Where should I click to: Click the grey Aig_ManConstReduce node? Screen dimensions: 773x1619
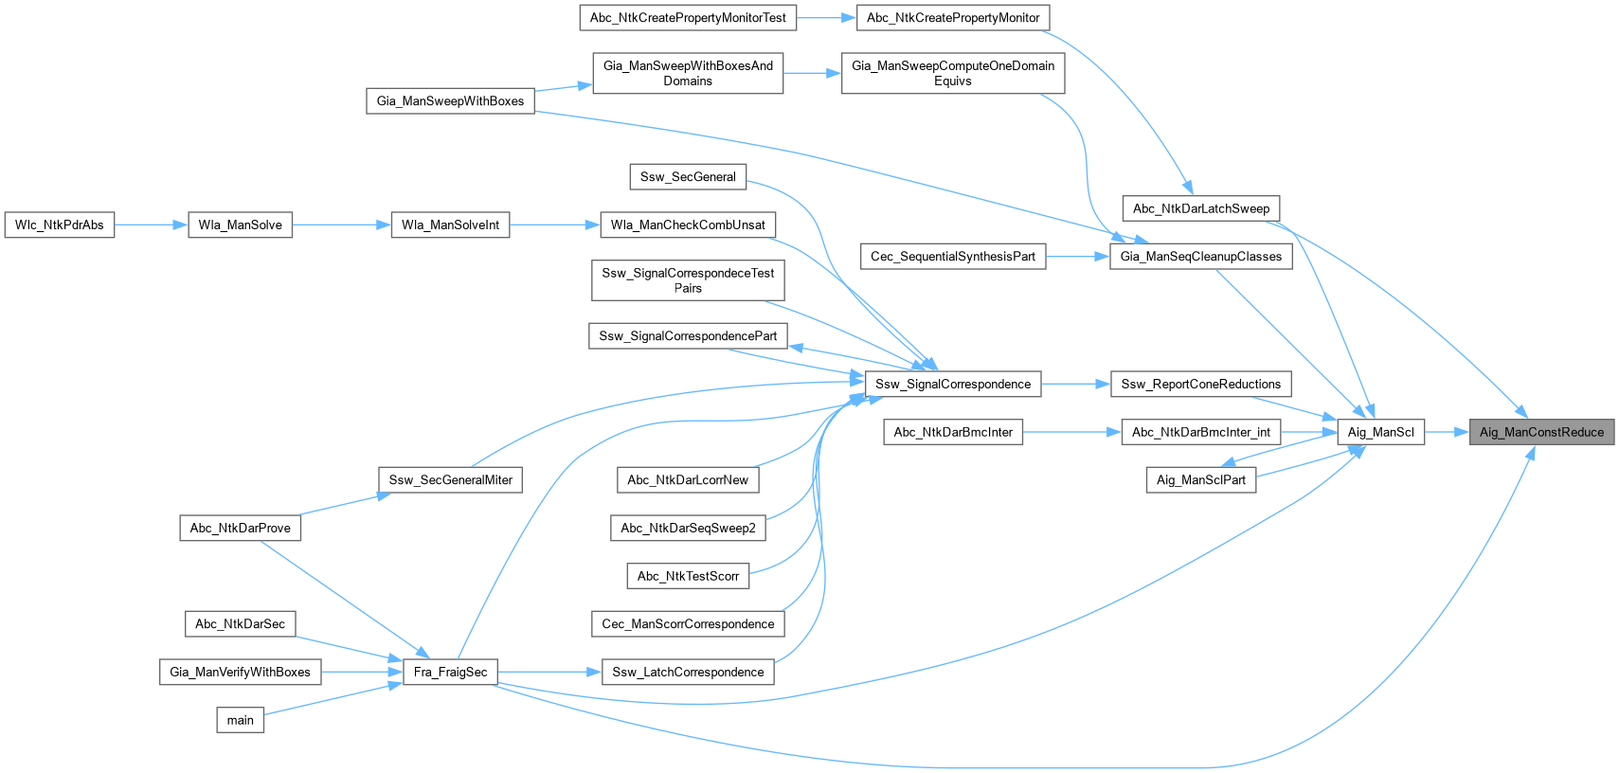(1541, 432)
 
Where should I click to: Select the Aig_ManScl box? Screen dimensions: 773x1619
(1380, 432)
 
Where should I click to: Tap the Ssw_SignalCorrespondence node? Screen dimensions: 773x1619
(953, 384)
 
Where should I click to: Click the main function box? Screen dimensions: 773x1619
(240, 720)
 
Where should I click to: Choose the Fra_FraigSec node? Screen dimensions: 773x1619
(450, 672)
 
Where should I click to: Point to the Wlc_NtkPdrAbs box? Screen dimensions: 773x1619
(60, 225)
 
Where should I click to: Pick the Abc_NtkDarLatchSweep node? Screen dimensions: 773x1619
(1200, 208)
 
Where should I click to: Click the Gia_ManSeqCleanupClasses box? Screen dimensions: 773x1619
(1200, 256)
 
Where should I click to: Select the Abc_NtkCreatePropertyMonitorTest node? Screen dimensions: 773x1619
(688, 17)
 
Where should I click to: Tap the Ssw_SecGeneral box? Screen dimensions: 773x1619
(688, 176)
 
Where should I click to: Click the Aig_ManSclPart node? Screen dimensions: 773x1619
(1200, 479)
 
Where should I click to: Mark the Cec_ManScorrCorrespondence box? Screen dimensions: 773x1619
(688, 623)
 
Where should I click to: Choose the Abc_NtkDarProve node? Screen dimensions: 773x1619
(240, 528)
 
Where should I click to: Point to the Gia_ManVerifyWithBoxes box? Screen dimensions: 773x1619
(240, 672)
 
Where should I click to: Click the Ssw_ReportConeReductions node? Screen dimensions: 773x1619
(1200, 384)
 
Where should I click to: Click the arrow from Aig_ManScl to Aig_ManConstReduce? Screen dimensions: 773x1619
(1447, 432)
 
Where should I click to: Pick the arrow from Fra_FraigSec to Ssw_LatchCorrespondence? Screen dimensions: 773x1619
(549, 672)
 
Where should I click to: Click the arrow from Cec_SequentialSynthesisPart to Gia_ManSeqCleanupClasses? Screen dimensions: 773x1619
(1077, 256)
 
